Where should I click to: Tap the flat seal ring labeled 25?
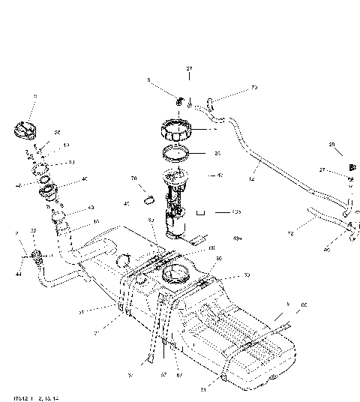(179, 155)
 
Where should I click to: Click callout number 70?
(133, 178)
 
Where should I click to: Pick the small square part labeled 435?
(200, 212)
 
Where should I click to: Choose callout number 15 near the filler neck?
(95, 222)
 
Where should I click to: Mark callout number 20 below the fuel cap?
(58, 132)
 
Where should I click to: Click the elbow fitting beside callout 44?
(37, 259)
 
